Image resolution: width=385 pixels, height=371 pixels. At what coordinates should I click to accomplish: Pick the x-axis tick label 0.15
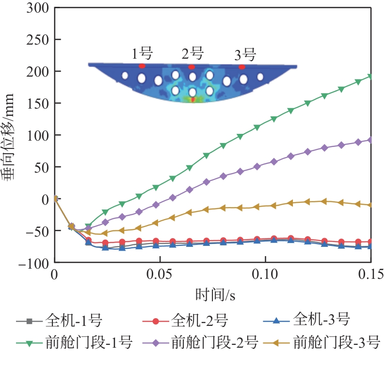(x=371, y=275)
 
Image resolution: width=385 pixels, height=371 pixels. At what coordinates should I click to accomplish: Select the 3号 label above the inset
(x=244, y=54)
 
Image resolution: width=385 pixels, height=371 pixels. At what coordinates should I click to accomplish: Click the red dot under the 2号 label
(x=192, y=67)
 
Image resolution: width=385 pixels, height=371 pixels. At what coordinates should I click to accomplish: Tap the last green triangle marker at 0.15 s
(x=371, y=76)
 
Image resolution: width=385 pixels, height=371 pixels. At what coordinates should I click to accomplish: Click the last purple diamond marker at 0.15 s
(x=371, y=140)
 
